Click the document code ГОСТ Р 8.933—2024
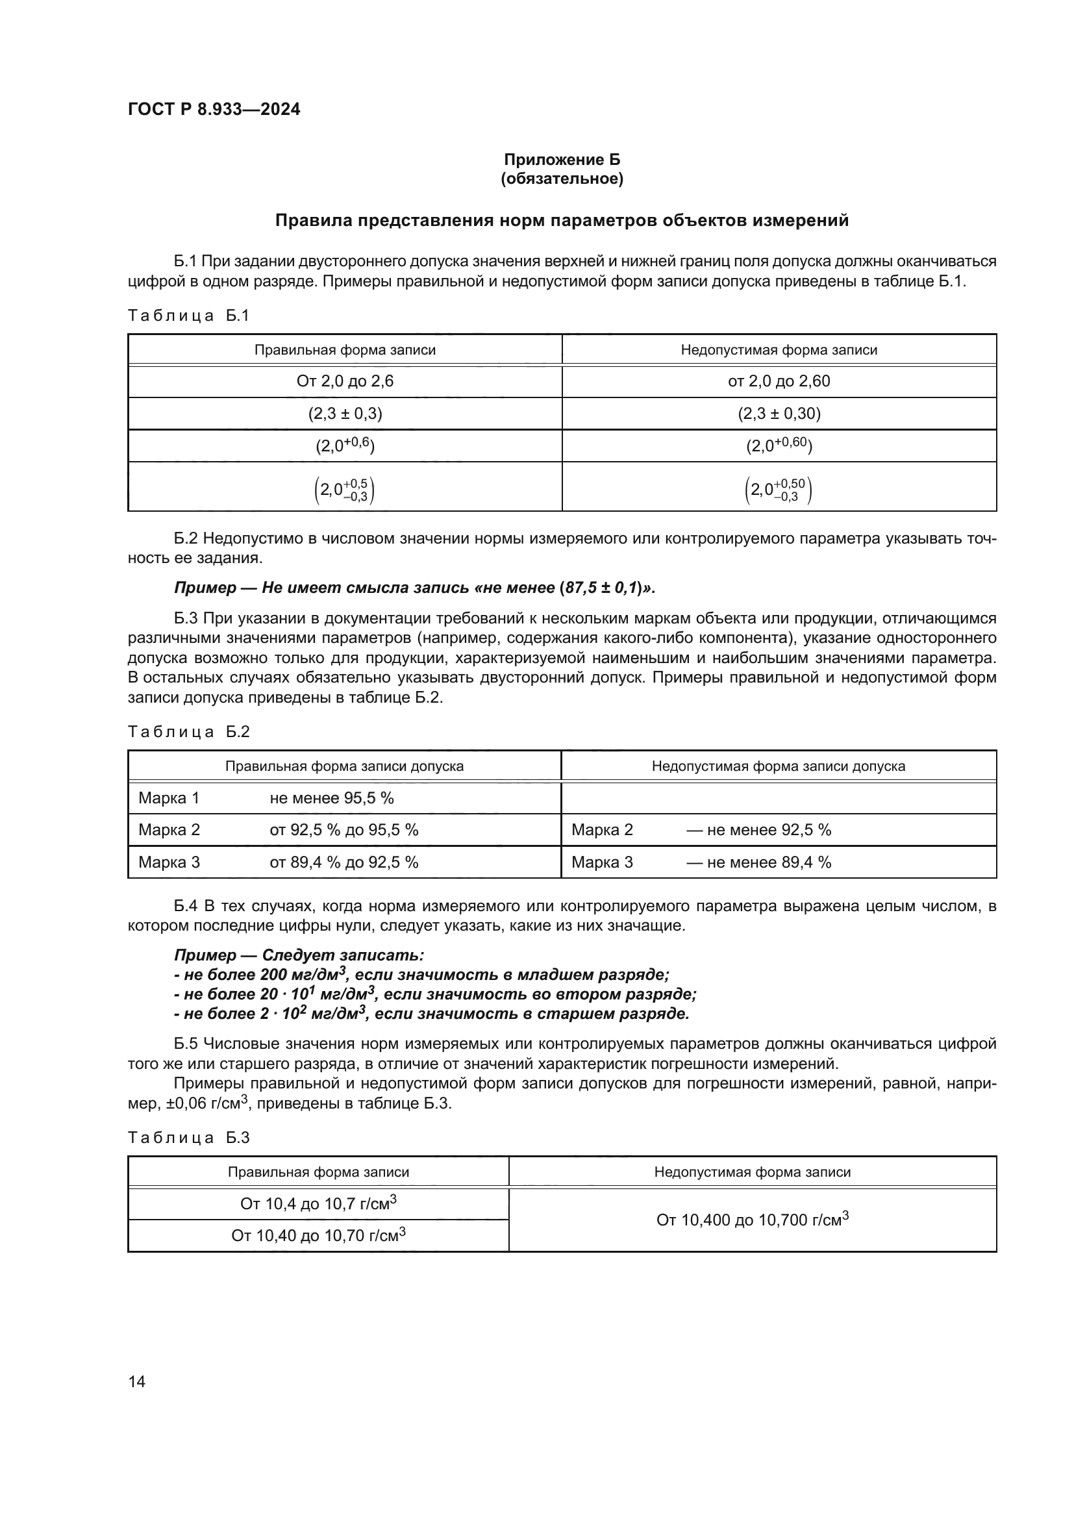click(214, 109)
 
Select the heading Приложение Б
click(562, 160)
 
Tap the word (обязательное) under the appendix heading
click(562, 179)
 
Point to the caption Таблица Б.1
click(188, 316)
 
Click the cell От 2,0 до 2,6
click(345, 381)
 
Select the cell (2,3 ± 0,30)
click(779, 414)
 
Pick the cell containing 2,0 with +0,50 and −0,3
click(779, 490)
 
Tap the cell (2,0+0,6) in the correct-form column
click(345, 446)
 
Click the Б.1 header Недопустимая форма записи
click(779, 350)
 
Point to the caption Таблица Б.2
click(188, 732)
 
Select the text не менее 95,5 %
click(331, 798)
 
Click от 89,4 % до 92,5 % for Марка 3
click(343, 862)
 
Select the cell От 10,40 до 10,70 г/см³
click(318, 1236)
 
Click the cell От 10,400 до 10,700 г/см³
click(752, 1220)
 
